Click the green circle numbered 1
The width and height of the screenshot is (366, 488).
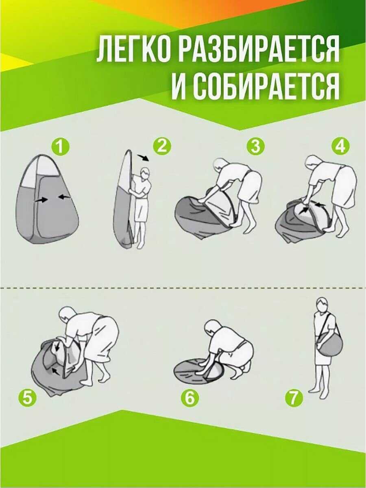tap(61, 146)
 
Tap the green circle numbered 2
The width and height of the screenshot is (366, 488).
tap(162, 146)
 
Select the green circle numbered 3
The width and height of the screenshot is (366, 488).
tap(255, 146)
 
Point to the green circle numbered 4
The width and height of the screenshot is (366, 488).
tap(340, 146)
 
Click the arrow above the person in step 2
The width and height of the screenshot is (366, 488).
tap(144, 158)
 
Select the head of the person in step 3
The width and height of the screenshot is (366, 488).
tap(219, 166)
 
